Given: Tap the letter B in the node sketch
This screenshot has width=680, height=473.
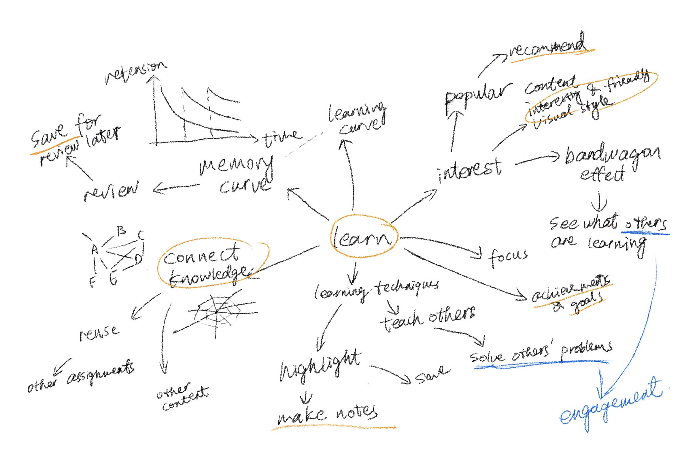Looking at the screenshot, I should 121,230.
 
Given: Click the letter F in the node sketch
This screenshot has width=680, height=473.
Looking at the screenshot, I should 93,282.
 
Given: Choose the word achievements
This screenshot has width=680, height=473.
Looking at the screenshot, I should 570,289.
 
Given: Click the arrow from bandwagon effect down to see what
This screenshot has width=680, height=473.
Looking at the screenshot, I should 598,202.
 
